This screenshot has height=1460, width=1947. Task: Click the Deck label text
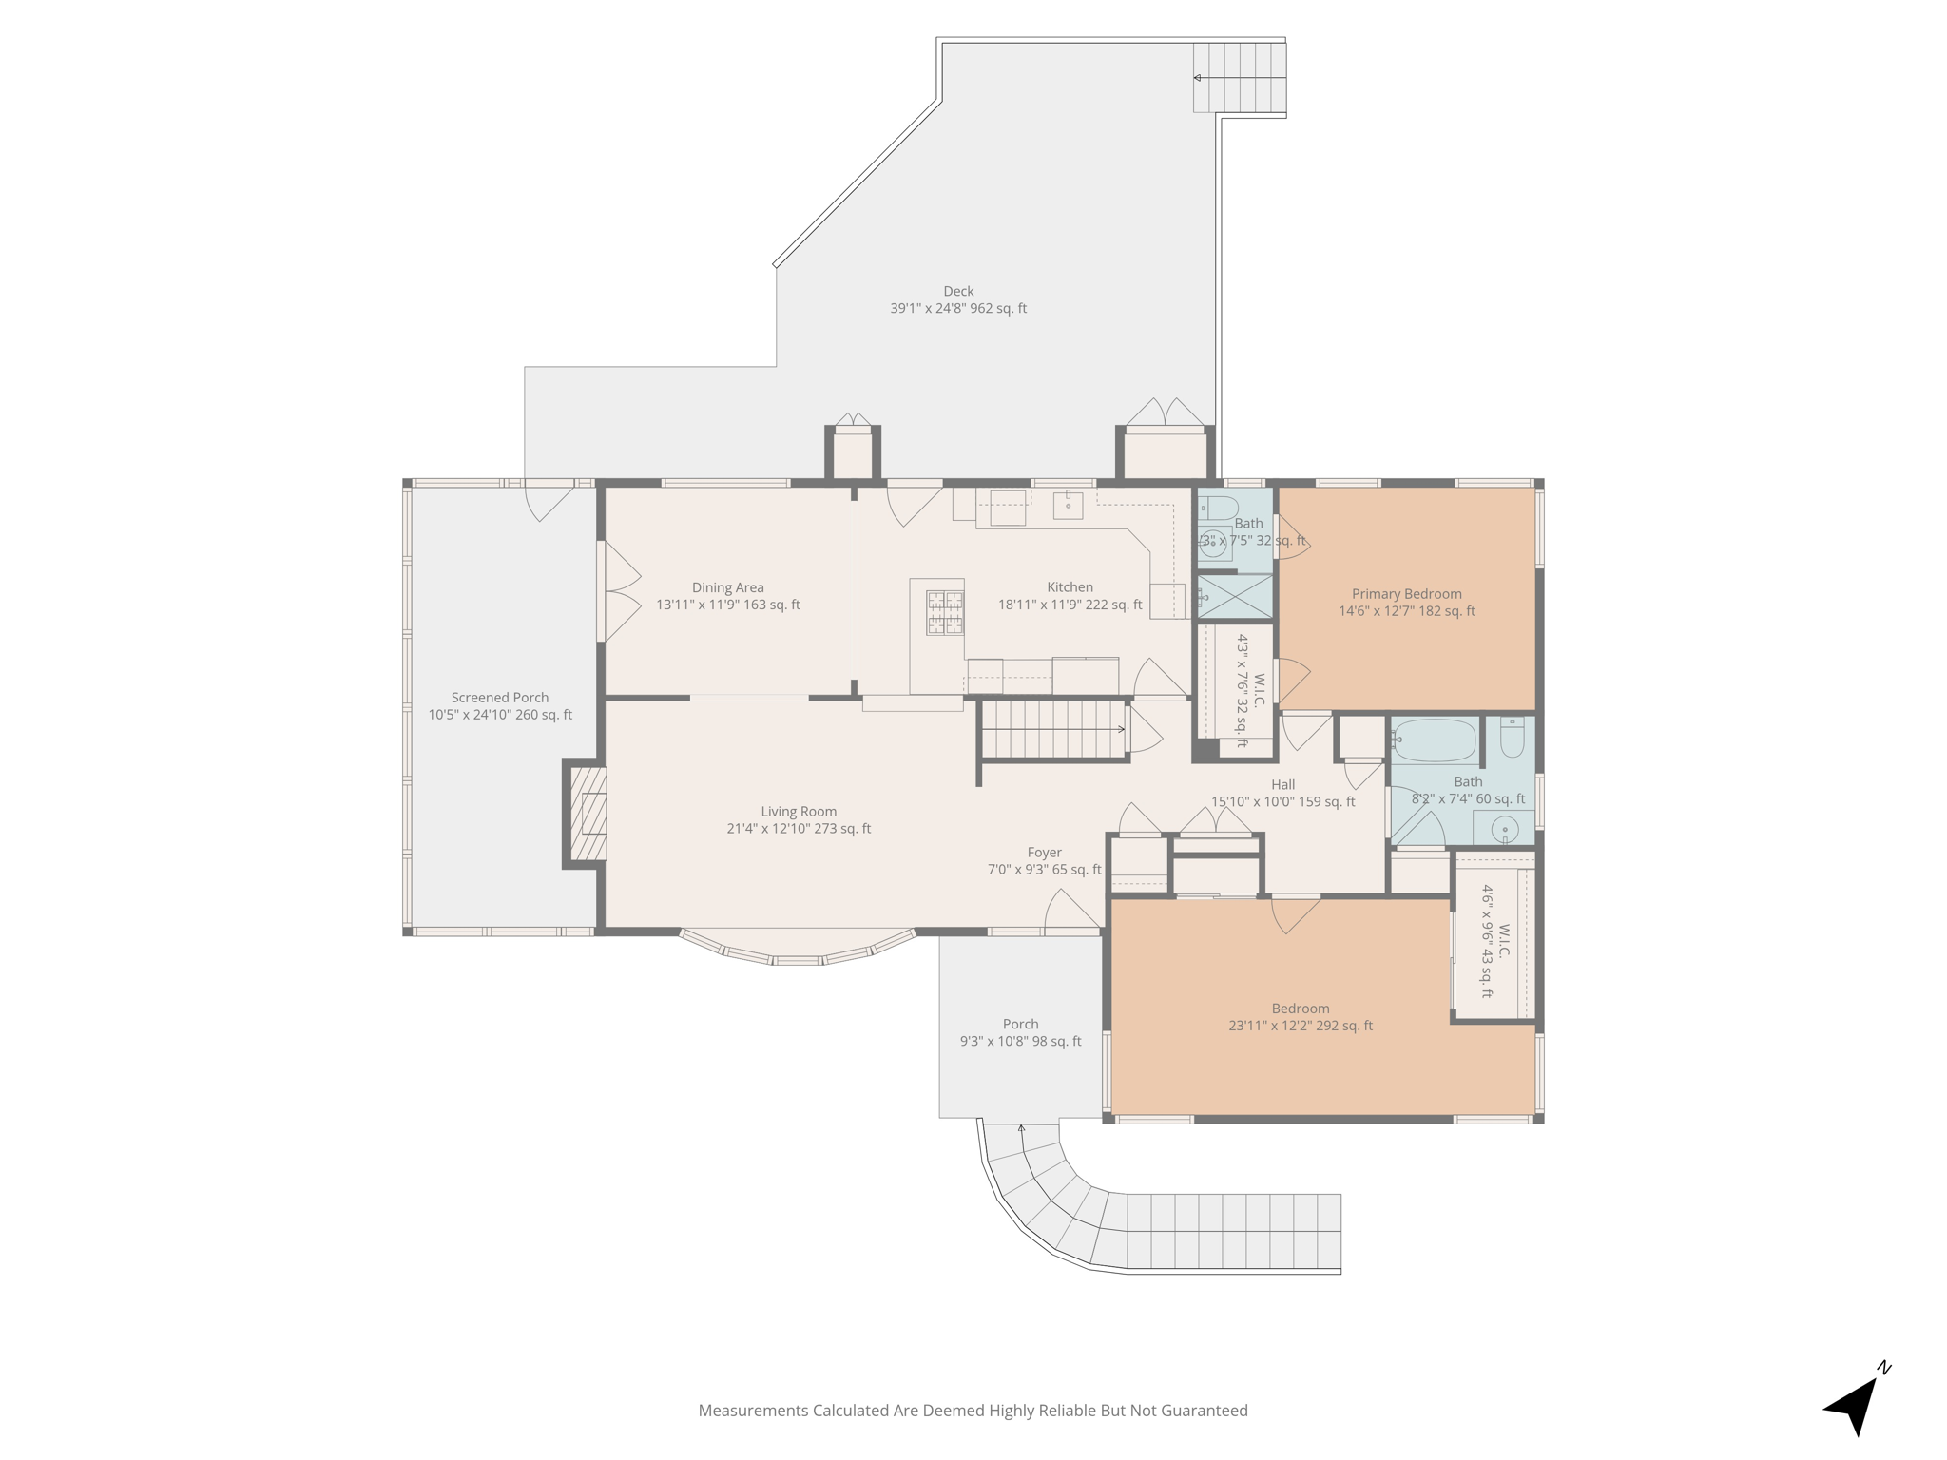point(958,292)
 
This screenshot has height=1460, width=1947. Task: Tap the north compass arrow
point(1855,1408)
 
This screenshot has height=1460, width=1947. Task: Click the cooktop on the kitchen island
point(945,612)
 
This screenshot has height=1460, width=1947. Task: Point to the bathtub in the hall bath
point(1435,740)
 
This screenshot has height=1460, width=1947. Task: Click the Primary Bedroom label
point(1407,594)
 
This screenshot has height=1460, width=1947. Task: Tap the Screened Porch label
point(500,698)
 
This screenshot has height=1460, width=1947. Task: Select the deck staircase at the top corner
point(1240,77)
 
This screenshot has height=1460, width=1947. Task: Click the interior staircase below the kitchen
point(1053,730)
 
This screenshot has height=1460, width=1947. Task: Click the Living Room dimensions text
point(799,829)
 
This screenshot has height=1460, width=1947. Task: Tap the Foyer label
point(1044,853)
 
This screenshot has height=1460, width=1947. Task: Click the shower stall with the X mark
point(1234,597)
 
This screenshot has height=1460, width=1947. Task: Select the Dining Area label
point(728,587)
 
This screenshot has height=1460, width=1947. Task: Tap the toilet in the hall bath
point(1512,738)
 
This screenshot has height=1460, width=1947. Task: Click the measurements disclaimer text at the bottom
point(973,1411)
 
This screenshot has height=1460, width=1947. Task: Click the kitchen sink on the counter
point(1068,505)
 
